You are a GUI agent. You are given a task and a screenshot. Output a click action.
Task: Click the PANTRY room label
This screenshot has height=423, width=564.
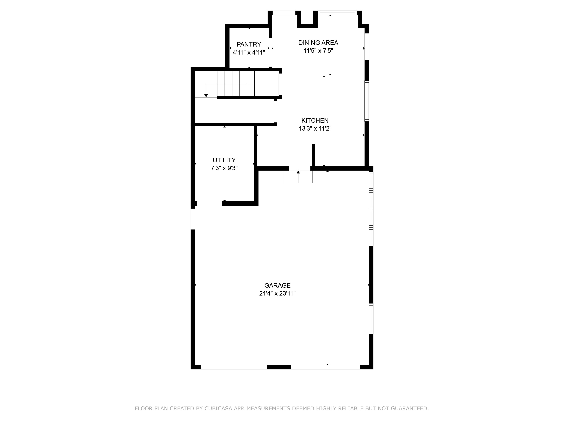pos(249,44)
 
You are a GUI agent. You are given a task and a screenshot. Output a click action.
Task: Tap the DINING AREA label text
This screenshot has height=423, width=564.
pos(318,42)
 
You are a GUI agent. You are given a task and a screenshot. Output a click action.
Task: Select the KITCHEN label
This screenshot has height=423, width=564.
pos(315,120)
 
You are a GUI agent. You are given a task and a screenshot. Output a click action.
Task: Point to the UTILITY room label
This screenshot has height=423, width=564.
pos(224,160)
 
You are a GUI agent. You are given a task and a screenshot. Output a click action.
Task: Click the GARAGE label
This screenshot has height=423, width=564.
pos(277,285)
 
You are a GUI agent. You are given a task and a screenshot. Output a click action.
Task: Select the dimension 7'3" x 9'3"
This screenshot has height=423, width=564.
pos(224,168)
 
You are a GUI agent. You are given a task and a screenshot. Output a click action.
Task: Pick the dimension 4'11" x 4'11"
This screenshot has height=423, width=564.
pos(249,52)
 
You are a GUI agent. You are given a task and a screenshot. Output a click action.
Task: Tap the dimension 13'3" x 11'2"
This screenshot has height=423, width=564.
pos(315,128)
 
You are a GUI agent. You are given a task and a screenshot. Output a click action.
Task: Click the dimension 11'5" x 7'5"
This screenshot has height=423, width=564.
pos(318,51)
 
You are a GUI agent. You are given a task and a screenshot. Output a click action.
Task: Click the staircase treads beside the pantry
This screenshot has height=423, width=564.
pos(236,83)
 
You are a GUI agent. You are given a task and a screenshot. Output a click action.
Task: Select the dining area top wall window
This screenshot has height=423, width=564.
pos(337,13)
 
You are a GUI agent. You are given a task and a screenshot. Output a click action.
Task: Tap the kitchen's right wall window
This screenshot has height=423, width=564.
pos(367,101)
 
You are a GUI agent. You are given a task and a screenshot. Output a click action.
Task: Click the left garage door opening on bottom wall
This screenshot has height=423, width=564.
pos(234,367)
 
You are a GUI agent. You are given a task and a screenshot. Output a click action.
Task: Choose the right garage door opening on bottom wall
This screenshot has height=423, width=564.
pos(325,367)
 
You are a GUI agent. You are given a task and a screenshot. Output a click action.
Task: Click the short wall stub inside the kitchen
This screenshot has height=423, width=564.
pos(314,155)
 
